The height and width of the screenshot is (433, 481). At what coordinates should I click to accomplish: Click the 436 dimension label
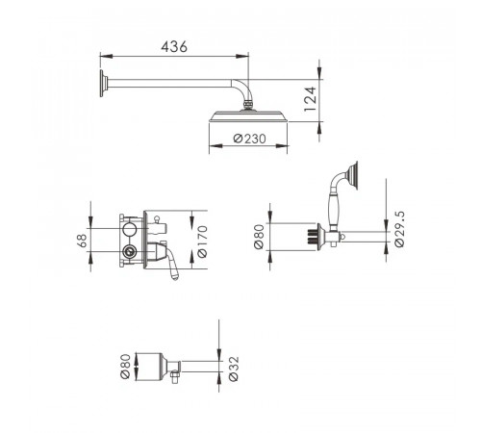click(x=174, y=47)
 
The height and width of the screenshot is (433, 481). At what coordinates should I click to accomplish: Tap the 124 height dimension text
click(x=310, y=99)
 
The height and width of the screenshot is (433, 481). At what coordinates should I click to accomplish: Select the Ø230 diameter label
click(x=250, y=139)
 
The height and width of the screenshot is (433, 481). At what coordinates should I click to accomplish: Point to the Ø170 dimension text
click(x=202, y=242)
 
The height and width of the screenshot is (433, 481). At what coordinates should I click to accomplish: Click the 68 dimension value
click(x=82, y=241)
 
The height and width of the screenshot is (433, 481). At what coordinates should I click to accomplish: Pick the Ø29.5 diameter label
click(x=399, y=229)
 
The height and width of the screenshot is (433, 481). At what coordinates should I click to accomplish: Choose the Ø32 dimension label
click(x=234, y=369)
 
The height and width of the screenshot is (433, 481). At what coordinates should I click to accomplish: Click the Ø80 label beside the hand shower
click(x=259, y=237)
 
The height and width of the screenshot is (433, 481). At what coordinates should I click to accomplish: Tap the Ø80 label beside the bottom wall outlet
click(x=125, y=367)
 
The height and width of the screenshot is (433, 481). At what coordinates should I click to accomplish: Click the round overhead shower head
click(x=248, y=116)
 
